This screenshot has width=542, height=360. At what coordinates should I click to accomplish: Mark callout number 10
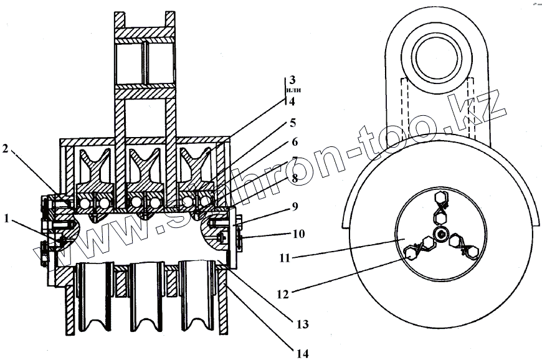[298, 234]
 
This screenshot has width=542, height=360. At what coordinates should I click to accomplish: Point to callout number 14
[303, 353]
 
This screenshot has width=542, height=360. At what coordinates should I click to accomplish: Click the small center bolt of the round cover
[441, 234]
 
